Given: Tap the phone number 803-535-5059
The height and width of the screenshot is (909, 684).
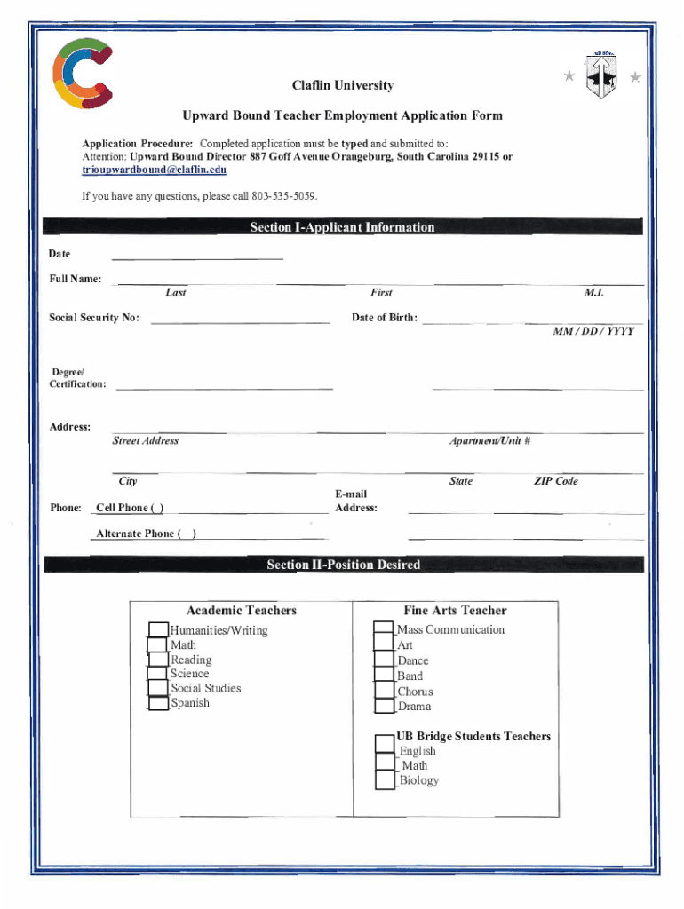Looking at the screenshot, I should [x=283, y=195].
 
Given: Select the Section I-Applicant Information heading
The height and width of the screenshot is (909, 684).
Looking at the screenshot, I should [x=342, y=227].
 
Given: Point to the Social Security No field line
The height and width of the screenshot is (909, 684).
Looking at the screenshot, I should [x=240, y=320].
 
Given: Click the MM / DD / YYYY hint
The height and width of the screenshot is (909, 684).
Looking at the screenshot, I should [x=593, y=331].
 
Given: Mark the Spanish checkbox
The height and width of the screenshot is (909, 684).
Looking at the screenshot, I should [x=158, y=704].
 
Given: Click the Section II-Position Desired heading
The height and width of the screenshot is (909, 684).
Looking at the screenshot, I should [x=343, y=565].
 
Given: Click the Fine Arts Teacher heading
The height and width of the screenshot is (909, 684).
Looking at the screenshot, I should [x=455, y=611].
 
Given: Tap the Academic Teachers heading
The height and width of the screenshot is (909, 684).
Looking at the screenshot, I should [x=242, y=611].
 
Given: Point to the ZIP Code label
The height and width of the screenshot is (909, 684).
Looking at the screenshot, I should [x=555, y=481].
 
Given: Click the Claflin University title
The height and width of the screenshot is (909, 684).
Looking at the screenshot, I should [x=342, y=86].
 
